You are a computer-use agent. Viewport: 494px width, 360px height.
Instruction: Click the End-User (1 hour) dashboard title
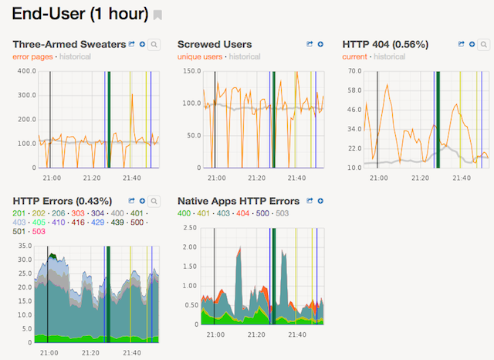(80, 15)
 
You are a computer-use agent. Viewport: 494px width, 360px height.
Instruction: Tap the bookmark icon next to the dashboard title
(157, 15)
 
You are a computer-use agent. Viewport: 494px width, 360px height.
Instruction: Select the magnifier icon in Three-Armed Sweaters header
(154, 46)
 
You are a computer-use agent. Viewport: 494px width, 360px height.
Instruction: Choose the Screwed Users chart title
(215, 45)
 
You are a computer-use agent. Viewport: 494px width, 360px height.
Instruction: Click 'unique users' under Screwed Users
(200, 57)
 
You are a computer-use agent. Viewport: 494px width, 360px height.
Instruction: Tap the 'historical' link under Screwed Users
(245, 57)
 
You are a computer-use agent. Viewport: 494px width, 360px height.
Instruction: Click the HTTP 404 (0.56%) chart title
(385, 45)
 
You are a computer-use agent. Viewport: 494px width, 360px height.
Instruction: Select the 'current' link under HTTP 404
(355, 57)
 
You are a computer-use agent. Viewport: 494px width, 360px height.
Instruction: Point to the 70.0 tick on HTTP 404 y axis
(355, 71)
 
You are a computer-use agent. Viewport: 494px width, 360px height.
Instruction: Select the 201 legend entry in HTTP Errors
(19, 212)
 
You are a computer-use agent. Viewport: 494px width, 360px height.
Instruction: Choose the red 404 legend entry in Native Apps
(243, 212)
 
